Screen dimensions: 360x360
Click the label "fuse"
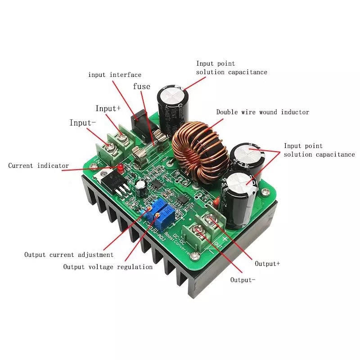pyautogui.click(x=141, y=86)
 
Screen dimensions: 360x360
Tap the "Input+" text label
pyautogui.click(x=108, y=108)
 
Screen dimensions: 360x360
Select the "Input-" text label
pyautogui.click(x=83, y=123)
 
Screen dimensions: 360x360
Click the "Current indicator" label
pyautogui.click(x=39, y=166)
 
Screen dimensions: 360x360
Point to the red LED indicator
pyautogui.click(x=121, y=168)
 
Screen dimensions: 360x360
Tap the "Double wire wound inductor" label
pyautogui.click(x=263, y=112)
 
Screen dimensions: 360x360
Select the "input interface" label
pyautogui.click(x=115, y=75)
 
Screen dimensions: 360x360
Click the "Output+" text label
pyautogui.click(x=267, y=263)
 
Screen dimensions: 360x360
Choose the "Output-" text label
pyautogui.click(x=243, y=280)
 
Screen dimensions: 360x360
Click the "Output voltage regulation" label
pyautogui.click(x=108, y=267)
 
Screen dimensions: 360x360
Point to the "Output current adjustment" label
pyautogui.click(x=69, y=255)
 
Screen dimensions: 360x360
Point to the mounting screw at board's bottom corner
pyautogui.click(x=194, y=256)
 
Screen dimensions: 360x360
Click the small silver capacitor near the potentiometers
pyautogui.click(x=141, y=187)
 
